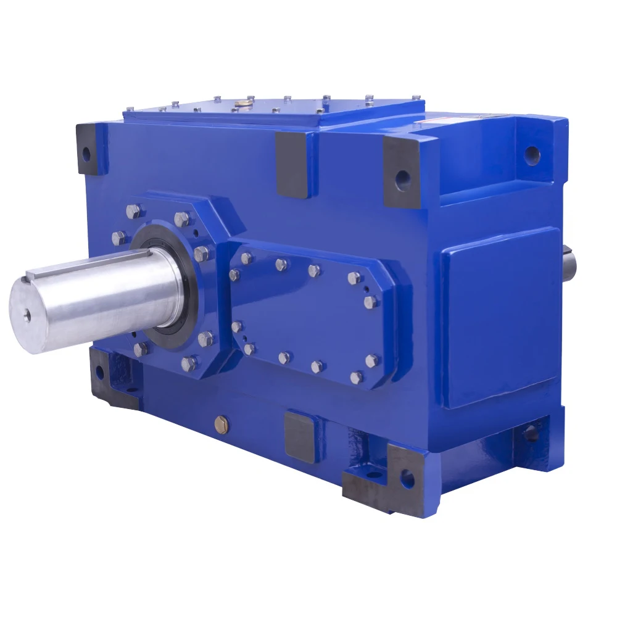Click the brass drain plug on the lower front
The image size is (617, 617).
click(x=222, y=423)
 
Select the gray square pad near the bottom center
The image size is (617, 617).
click(x=302, y=436)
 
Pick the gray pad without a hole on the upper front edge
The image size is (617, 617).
click(x=292, y=163)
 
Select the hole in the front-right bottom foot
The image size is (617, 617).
click(x=407, y=478)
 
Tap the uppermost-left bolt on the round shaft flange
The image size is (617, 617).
click(x=133, y=211)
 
